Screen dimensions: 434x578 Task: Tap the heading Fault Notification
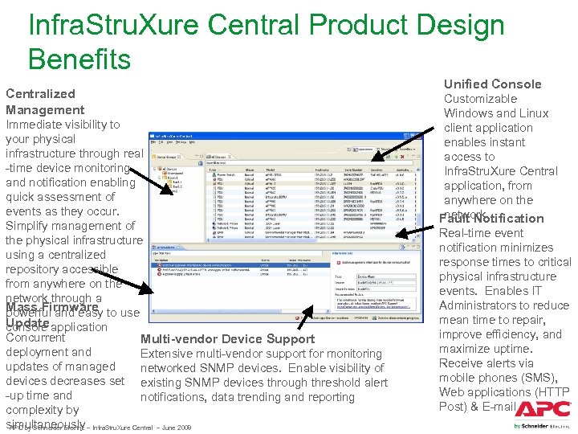492,218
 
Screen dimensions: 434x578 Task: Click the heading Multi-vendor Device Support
227,338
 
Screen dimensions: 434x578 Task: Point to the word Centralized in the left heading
40,93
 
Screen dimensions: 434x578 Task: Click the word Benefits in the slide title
79,59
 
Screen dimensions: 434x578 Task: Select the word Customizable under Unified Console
481,99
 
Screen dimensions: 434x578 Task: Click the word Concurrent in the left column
35,338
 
